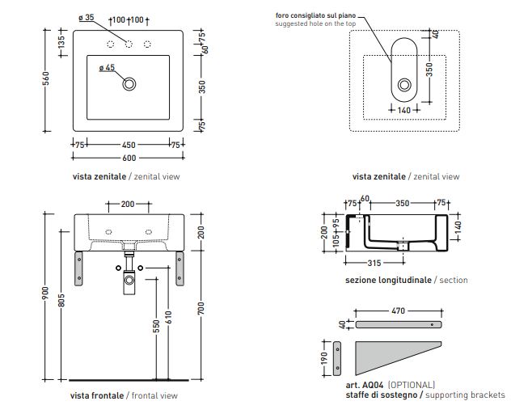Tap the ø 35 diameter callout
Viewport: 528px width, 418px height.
[87, 18]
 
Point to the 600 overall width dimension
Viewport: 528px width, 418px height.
[129, 158]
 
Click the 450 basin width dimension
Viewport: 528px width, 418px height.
[129, 145]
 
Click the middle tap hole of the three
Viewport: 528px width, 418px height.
[129, 42]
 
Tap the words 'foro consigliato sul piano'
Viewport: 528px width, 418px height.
[315, 15]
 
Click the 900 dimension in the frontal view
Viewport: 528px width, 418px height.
[48, 295]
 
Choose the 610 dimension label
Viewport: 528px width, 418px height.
[169, 319]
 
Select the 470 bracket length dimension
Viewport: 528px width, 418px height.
[398, 310]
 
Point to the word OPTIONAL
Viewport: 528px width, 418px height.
[412, 384]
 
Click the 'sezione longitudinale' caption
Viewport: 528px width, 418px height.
[387, 280]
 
